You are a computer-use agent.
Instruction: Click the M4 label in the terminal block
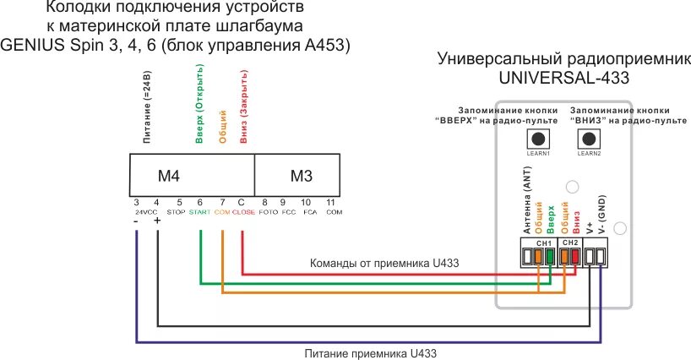pyautogui.click(x=170, y=176)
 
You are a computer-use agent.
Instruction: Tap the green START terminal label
pyautogui.click(x=199, y=212)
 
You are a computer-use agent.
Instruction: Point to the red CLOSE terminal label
pyautogui.click(x=243, y=212)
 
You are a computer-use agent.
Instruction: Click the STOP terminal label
pyautogui.click(x=176, y=212)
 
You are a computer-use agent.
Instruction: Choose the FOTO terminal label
pyautogui.click(x=267, y=212)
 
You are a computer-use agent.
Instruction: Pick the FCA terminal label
pyautogui.click(x=308, y=212)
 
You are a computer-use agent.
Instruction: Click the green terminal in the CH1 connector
pyautogui.click(x=551, y=254)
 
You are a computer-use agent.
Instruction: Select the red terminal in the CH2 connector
pyautogui.click(x=574, y=254)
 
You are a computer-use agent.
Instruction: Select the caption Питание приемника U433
pyautogui.click(x=373, y=352)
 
